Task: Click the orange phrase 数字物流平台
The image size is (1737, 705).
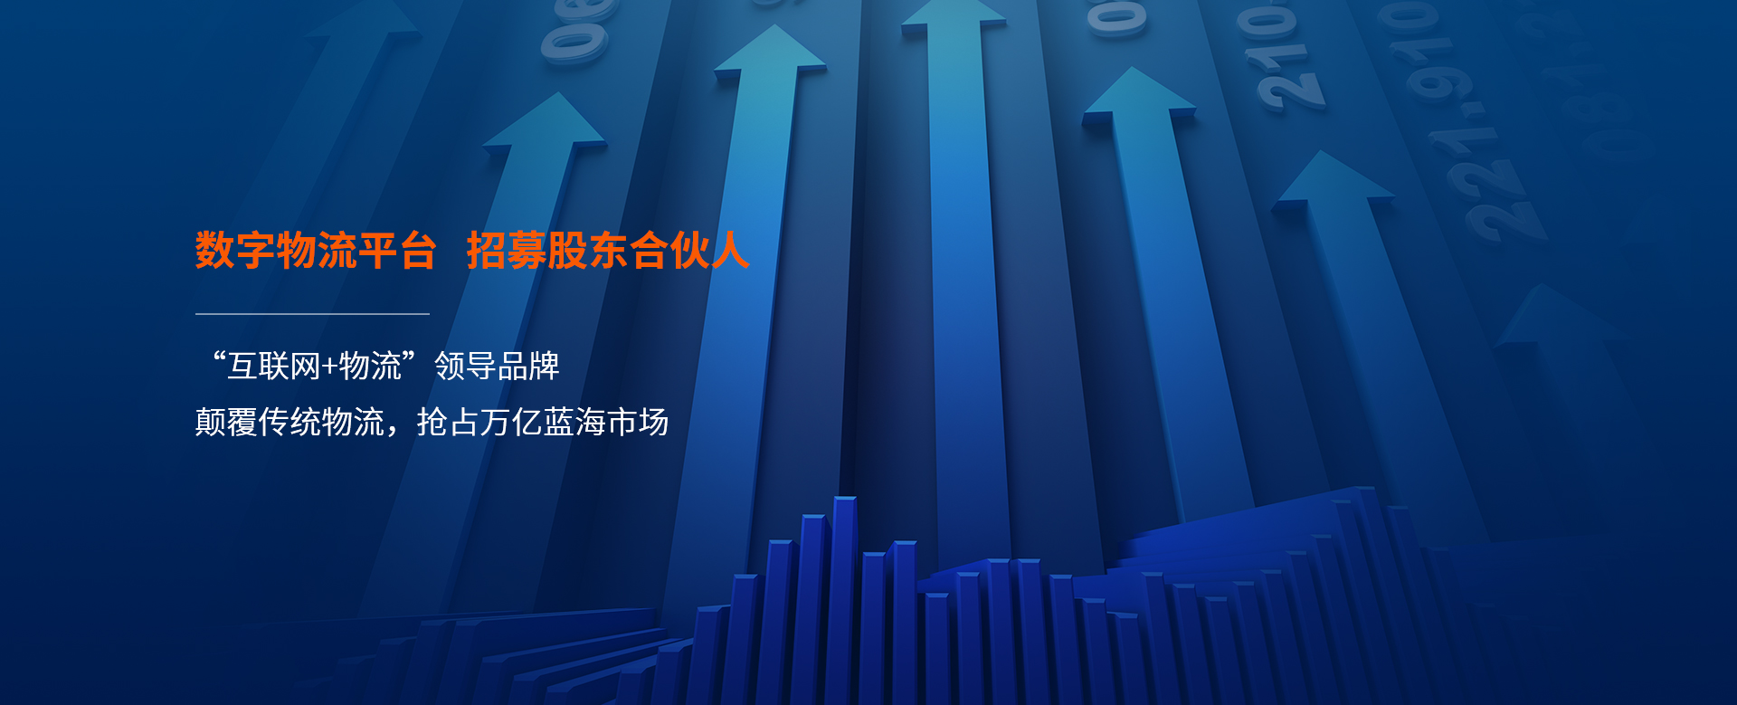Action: pyautogui.click(x=316, y=251)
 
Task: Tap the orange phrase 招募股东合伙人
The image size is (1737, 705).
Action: pyautogui.click(x=608, y=251)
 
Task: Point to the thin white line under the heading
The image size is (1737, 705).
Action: pyautogui.click(x=312, y=314)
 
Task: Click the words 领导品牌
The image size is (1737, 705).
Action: pyautogui.click(x=497, y=367)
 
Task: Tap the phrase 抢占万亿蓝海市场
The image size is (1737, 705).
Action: pyautogui.click(x=543, y=422)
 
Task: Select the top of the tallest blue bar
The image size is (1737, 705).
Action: pyautogui.click(x=844, y=499)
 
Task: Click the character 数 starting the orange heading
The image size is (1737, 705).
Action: pyautogui.click(x=215, y=251)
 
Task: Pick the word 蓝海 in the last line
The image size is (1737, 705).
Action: pyautogui.click(x=574, y=422)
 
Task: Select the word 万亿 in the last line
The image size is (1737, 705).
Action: pyautogui.click(x=511, y=422)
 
